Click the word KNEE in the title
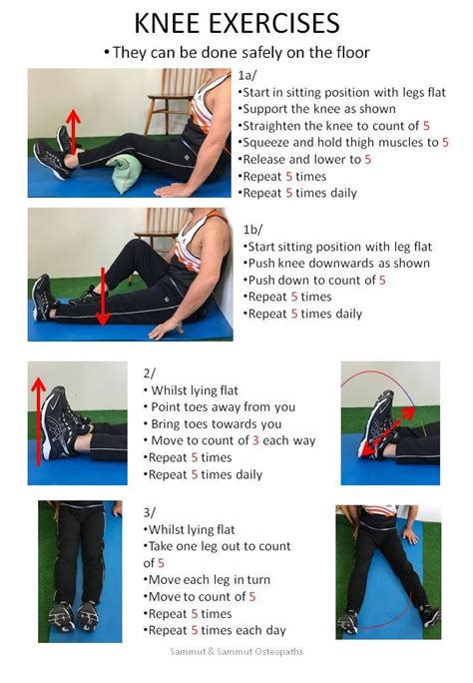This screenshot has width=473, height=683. (167, 24)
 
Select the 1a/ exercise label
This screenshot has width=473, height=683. (247, 75)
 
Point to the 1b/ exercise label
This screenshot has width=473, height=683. (252, 230)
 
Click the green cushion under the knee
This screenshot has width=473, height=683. (125, 173)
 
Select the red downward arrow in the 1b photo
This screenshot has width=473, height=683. (103, 297)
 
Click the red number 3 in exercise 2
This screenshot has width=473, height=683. (255, 440)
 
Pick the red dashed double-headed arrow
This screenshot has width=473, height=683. (388, 431)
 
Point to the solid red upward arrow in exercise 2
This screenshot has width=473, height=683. (39, 421)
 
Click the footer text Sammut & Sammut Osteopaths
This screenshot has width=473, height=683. (236, 652)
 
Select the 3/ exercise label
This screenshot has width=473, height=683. (150, 512)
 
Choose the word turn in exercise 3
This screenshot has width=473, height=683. (258, 580)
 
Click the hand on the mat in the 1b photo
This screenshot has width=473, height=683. (165, 330)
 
